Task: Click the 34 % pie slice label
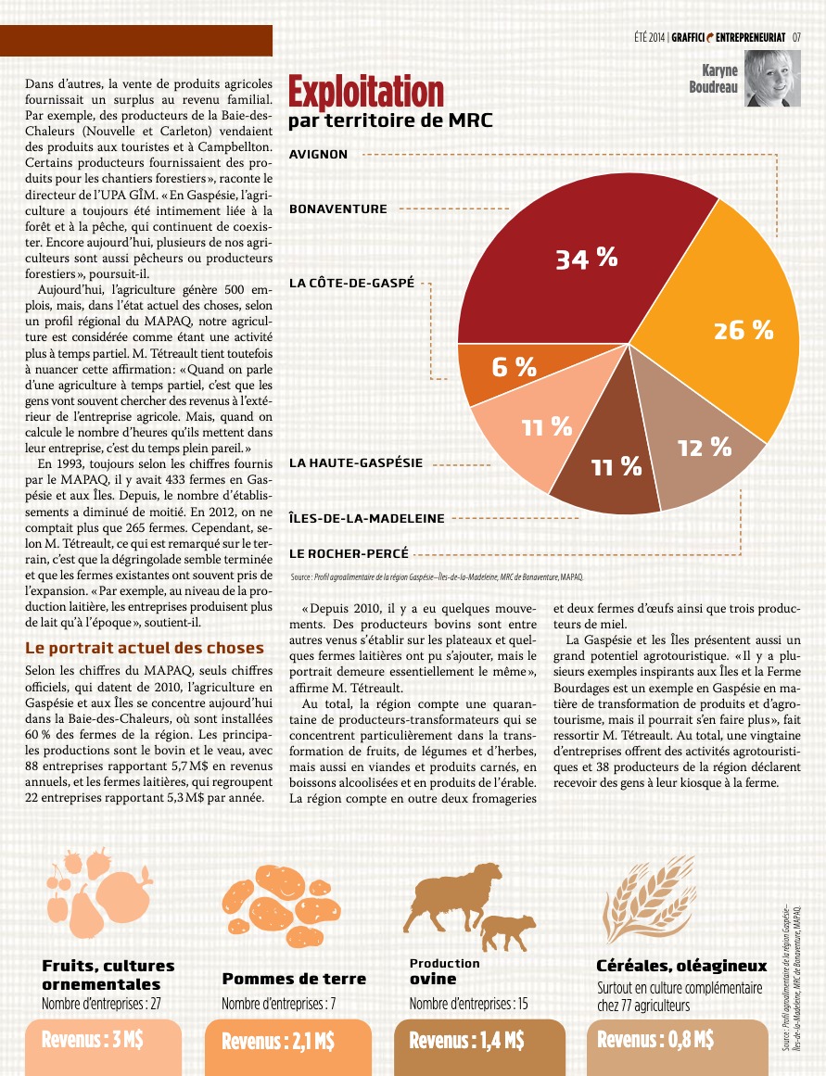click(x=586, y=259)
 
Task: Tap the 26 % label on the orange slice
click(x=743, y=329)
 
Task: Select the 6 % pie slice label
click(x=514, y=367)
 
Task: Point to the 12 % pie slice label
click(x=705, y=449)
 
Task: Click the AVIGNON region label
click(x=319, y=155)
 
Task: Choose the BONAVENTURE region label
click(x=338, y=209)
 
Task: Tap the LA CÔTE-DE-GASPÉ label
click(x=351, y=283)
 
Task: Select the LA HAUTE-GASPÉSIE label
click(x=356, y=462)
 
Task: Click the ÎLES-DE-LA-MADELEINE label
click(x=367, y=518)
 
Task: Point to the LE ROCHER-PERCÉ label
click(x=349, y=553)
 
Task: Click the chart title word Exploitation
click(x=366, y=93)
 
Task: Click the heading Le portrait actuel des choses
click(x=145, y=648)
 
